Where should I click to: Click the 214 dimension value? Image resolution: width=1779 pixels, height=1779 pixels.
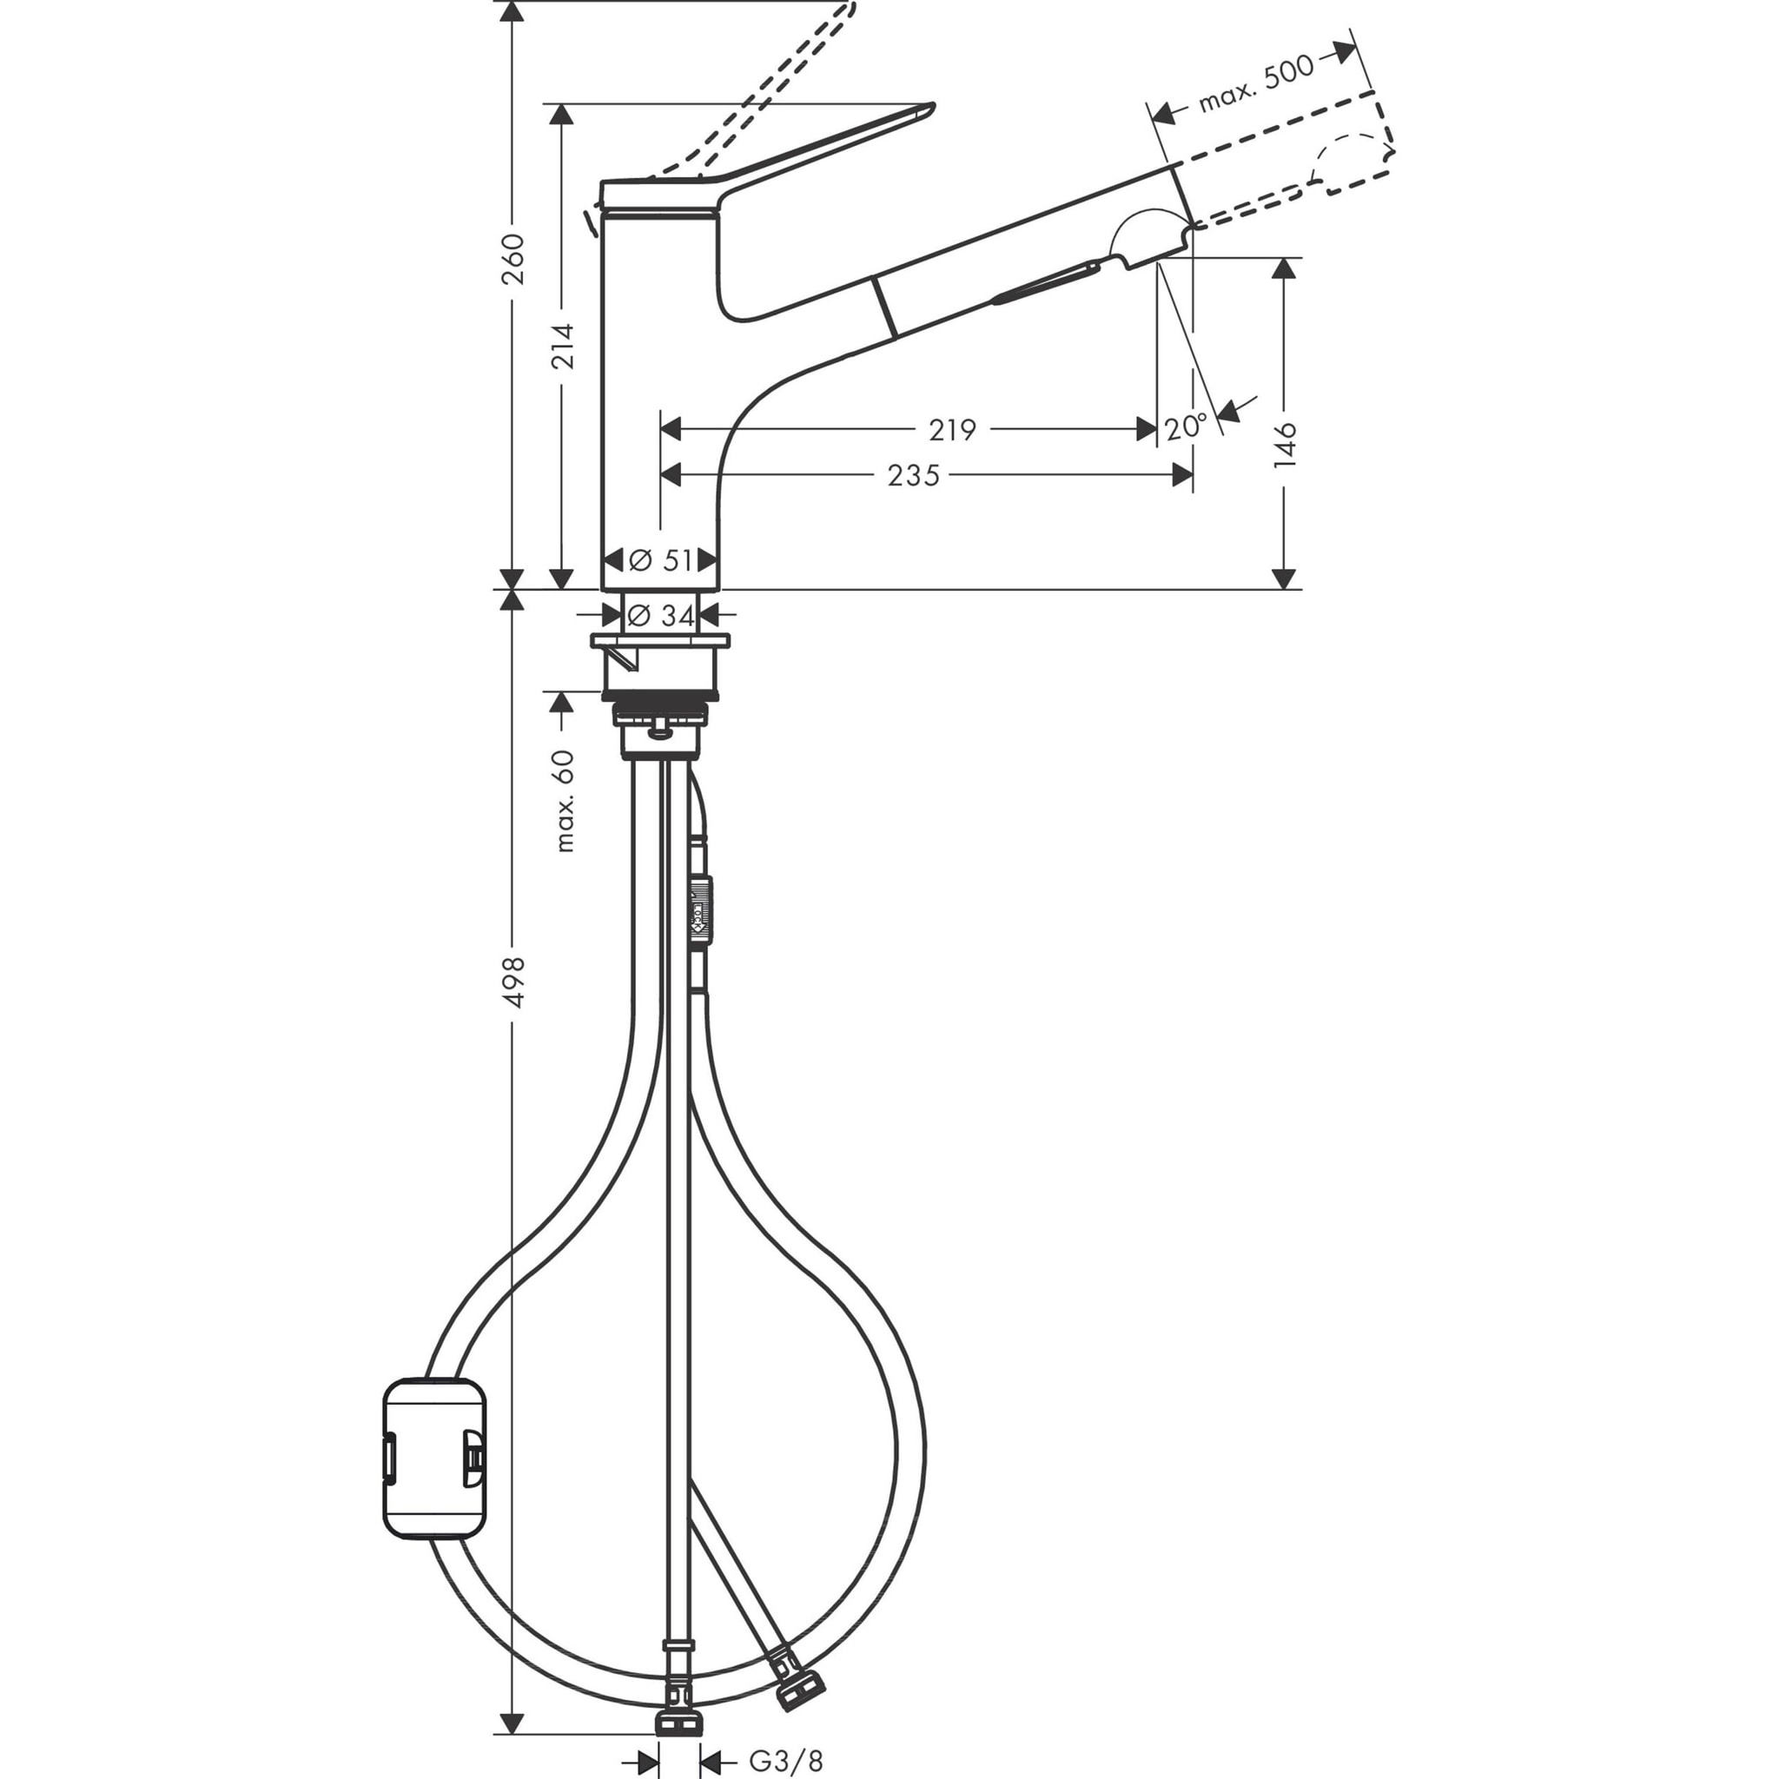563,346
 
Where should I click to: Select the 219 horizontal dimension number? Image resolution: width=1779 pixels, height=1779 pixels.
951,429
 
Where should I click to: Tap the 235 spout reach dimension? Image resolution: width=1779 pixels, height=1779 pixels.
913,475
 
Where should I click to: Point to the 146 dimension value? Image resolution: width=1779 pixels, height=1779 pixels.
1285,445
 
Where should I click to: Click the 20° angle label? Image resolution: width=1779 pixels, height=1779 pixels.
1185,427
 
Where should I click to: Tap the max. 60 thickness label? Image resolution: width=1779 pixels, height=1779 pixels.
564,801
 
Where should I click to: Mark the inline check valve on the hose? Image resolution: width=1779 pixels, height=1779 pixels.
700,910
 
